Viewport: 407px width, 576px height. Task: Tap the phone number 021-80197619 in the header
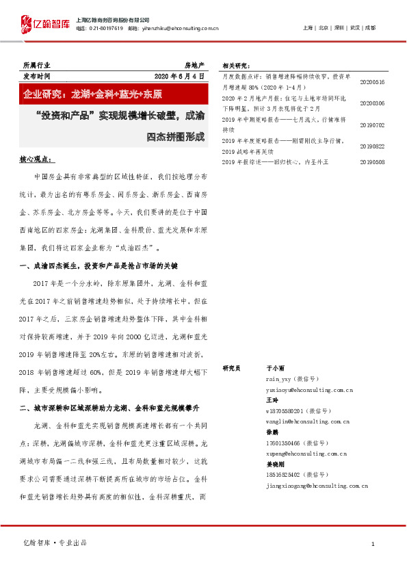104,28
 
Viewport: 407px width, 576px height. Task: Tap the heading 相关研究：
236,66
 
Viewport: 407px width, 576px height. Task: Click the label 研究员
232,368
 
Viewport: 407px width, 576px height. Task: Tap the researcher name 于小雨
274,368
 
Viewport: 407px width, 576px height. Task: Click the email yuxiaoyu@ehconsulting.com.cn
309,390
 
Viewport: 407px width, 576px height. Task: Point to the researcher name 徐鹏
272,432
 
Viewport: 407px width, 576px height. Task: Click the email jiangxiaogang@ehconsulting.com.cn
317,485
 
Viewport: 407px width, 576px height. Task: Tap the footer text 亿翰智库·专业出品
55,542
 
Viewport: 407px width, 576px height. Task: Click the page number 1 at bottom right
373,544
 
